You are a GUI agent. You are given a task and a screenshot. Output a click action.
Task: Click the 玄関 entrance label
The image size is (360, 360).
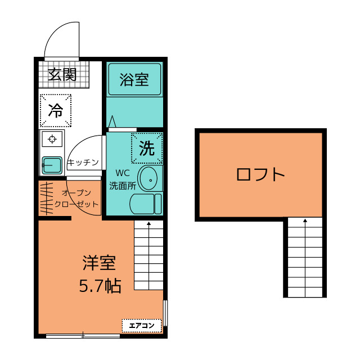(x=62, y=74)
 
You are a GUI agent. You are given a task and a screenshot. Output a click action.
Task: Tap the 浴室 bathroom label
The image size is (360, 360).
(x=134, y=79)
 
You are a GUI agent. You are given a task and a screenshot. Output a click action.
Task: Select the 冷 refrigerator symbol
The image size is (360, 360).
(x=56, y=111)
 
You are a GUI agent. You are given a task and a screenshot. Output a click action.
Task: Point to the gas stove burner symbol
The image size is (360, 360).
(x=52, y=138)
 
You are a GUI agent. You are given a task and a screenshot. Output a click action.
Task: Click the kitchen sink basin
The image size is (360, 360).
(x=52, y=165)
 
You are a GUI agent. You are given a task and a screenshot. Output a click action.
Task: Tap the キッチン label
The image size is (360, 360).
(x=83, y=163)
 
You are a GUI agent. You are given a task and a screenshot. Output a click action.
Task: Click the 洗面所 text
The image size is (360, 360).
(x=122, y=184)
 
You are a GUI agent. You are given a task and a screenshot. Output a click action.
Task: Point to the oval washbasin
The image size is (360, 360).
(x=149, y=179)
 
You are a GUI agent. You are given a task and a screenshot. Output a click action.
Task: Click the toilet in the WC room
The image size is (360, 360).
(x=146, y=204)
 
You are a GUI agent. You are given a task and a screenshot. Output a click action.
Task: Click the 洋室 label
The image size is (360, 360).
(x=99, y=263)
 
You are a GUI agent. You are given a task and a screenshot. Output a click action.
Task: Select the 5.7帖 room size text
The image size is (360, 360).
(x=99, y=286)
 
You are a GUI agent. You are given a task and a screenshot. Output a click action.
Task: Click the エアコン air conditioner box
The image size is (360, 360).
(x=142, y=325)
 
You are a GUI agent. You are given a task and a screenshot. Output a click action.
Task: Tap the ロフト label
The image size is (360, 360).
(x=260, y=174)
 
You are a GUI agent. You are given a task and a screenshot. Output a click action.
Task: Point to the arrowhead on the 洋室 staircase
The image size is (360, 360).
(x=149, y=224)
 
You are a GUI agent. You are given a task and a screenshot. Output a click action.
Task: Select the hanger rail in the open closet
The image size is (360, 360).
(x=47, y=198)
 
